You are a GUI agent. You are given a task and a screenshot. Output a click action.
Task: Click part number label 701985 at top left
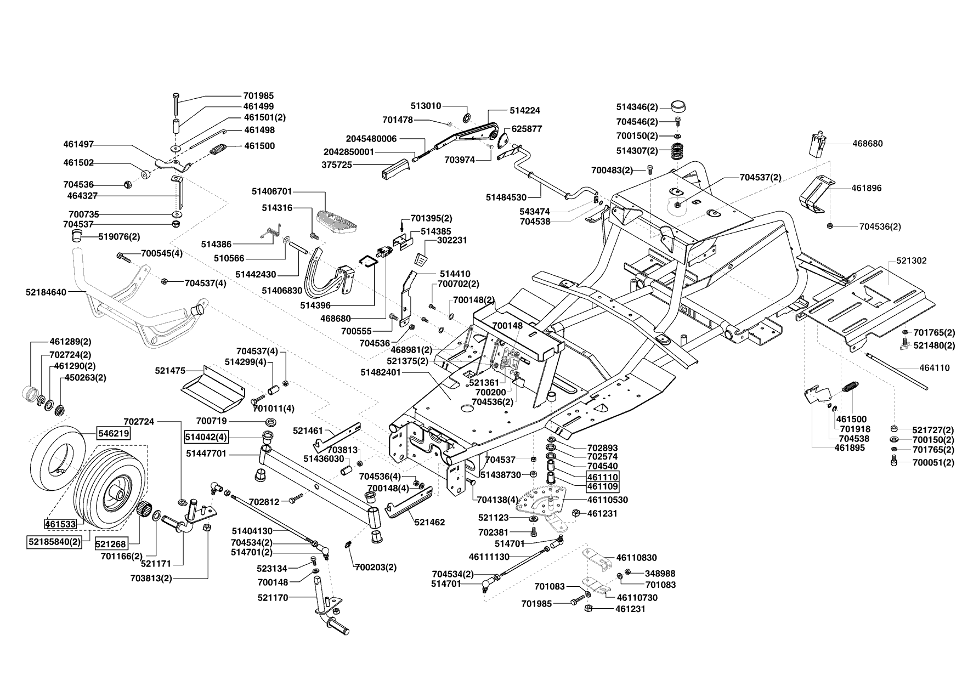pos(258,95)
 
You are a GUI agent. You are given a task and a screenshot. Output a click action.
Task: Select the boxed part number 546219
pos(114,433)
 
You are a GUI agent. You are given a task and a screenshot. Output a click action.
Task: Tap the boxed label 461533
pos(61,524)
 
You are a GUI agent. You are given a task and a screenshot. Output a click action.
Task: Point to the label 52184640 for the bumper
pos(46,292)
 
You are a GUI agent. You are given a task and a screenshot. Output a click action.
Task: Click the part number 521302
pos(912,260)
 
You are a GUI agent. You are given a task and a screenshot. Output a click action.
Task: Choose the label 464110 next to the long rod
pos(935,368)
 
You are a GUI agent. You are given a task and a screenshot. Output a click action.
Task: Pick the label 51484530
pos(506,197)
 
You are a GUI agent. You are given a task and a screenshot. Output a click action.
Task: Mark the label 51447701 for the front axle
pos(206,454)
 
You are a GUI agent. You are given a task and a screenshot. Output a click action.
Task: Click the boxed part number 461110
pos(603,477)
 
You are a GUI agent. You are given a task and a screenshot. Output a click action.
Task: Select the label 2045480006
pos(371,139)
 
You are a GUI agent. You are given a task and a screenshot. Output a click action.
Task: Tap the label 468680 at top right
pos(868,144)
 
